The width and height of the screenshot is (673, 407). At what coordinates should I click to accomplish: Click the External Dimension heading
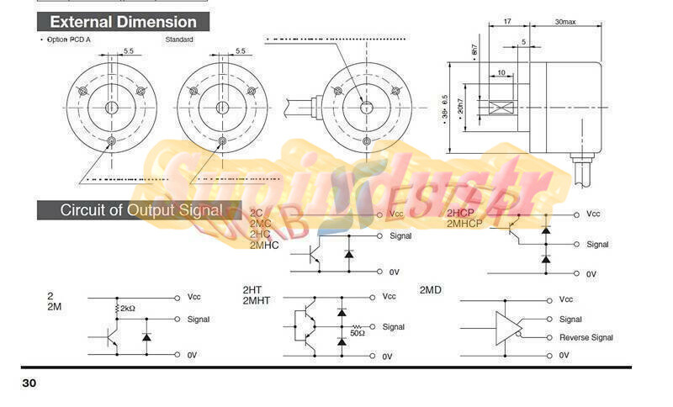pyautogui.click(x=123, y=22)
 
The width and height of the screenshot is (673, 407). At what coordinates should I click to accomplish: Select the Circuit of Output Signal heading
pyautogui.click(x=141, y=210)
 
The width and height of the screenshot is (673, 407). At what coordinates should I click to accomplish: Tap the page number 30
pyautogui.click(x=29, y=383)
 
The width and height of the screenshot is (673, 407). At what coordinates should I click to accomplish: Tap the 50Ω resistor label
pyautogui.click(x=357, y=333)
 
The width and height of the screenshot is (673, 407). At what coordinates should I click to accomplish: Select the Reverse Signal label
pyautogui.click(x=586, y=338)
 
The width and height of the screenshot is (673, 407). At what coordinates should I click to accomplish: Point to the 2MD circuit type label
pyautogui.click(x=431, y=290)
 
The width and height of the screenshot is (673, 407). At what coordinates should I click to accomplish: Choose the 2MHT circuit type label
pyautogui.click(x=257, y=300)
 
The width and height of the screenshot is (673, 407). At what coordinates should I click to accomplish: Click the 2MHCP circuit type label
pyautogui.click(x=464, y=224)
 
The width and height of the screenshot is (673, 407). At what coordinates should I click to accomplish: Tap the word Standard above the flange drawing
pyautogui.click(x=179, y=40)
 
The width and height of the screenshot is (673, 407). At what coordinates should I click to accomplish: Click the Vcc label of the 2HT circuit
pyautogui.click(x=389, y=296)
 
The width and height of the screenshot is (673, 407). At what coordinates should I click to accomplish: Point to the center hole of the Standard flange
pyautogui.click(x=222, y=108)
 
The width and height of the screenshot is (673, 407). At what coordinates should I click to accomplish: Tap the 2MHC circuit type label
pyautogui.click(x=264, y=245)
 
